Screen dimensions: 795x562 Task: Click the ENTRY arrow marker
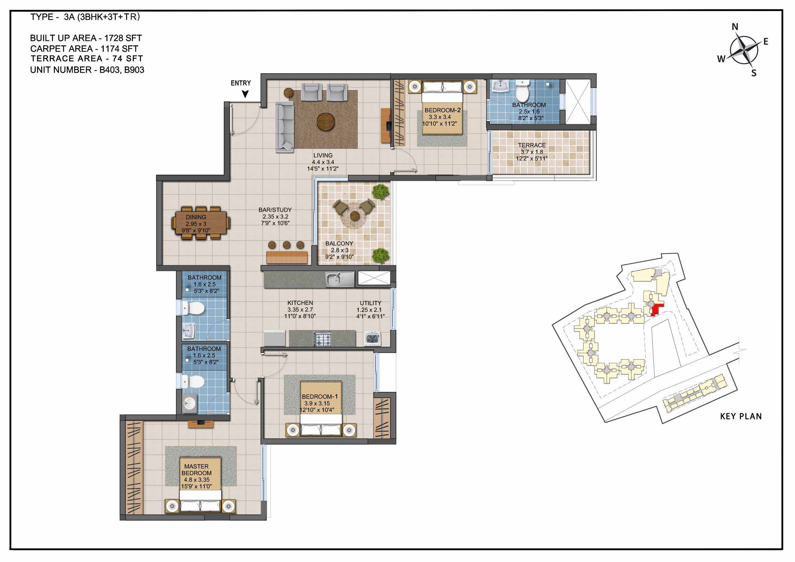(245, 94)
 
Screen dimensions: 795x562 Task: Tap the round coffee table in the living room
(326, 121)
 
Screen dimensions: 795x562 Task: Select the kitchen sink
(340, 280)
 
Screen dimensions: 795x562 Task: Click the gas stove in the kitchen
(322, 339)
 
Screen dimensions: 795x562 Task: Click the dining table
(200, 223)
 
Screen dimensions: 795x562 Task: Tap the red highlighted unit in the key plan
(656, 309)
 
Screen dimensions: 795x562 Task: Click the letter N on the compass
(735, 27)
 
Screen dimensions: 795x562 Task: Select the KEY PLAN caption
(741, 416)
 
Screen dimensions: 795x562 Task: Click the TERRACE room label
(532, 145)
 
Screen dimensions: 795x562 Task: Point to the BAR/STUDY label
(275, 210)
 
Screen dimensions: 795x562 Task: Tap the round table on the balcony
(354, 216)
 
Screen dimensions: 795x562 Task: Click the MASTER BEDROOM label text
(196, 469)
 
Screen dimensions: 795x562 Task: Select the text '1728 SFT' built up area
(123, 38)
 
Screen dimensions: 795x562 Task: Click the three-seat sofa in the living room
(285, 126)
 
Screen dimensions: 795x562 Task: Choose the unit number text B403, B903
(122, 70)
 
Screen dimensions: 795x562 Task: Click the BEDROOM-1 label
(320, 396)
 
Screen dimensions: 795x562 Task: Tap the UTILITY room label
(370, 303)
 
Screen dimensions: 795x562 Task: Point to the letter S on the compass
(754, 73)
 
